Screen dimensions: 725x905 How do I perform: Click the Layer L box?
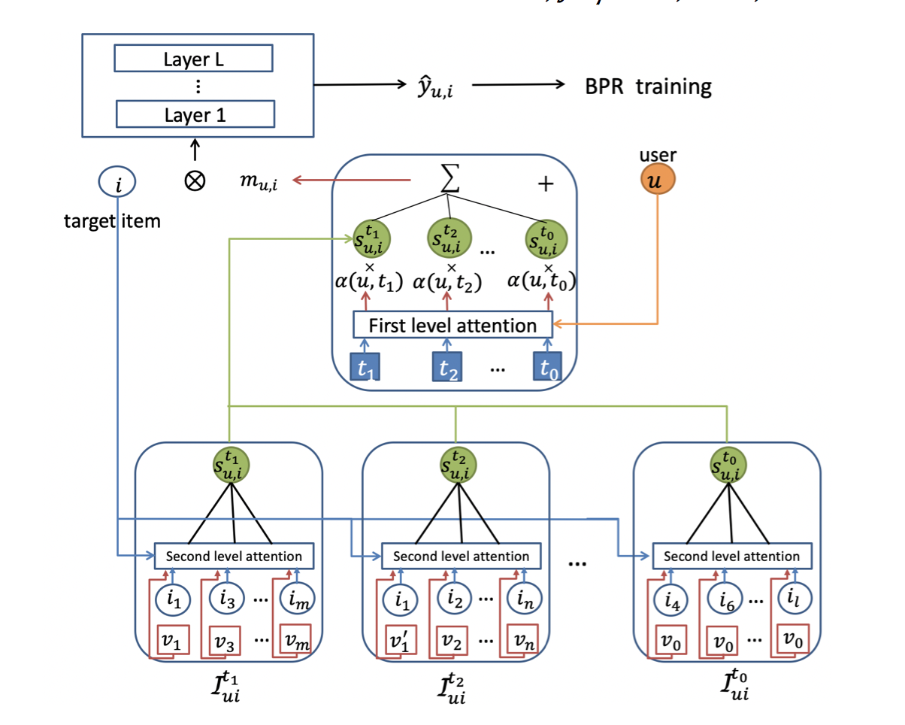tap(193, 59)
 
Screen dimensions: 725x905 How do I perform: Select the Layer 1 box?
tap(193, 114)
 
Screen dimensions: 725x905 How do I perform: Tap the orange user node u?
tap(658, 180)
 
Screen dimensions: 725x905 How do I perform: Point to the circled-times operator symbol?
tap(195, 182)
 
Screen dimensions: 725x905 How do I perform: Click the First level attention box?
tap(452, 325)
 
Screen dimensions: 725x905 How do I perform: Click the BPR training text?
tap(648, 86)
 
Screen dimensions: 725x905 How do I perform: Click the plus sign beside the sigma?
tap(546, 184)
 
